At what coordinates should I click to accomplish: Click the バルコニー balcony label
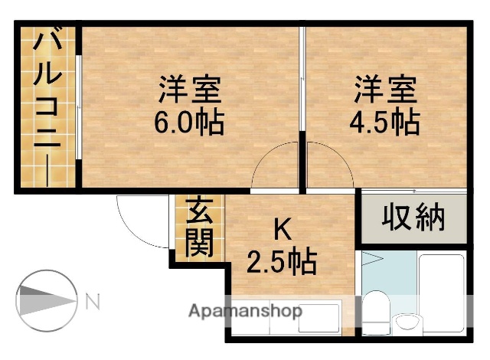(x=47, y=105)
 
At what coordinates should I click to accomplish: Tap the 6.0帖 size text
(x=190, y=123)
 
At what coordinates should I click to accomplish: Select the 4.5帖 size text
(x=385, y=123)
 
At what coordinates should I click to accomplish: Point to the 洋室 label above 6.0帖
(x=190, y=90)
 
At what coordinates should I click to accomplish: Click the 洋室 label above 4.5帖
(x=385, y=90)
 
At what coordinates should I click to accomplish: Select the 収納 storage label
(x=413, y=218)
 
